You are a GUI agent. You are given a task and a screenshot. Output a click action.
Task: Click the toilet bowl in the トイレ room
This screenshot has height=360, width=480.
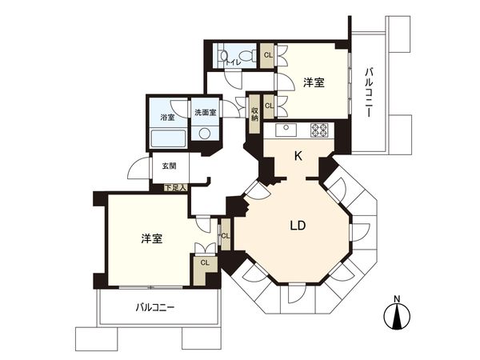pos(246,55)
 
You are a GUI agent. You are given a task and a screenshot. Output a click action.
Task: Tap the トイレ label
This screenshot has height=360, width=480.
pos(234,62)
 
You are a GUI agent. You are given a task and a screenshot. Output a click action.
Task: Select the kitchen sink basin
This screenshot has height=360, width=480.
pos(286,130)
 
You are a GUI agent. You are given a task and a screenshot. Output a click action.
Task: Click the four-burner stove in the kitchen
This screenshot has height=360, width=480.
pos(318,130)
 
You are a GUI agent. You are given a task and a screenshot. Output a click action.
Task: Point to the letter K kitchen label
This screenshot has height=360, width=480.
pos(298,157)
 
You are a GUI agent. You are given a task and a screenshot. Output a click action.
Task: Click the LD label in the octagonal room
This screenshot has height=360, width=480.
pos(298,226)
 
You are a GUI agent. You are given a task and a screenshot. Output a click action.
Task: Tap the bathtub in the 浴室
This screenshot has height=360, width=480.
pos(168,138)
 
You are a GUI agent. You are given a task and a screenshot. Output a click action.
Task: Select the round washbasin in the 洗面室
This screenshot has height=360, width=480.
pos(204,133)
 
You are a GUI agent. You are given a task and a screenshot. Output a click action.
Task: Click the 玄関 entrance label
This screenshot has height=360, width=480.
pos(169,166)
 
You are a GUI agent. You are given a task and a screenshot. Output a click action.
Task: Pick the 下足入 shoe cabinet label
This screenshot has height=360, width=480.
pos(175,188)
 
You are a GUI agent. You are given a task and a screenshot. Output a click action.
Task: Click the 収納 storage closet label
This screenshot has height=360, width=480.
pos(254,114)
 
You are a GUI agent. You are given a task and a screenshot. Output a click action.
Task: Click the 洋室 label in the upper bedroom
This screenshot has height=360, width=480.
pos(314,82)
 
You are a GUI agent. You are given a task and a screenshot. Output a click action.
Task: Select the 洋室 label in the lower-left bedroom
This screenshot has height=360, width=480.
pos(152,238)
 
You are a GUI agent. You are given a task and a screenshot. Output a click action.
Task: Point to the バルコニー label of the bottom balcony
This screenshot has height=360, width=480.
pos(155,307)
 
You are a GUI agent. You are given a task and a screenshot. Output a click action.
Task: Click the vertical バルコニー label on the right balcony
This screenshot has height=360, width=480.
pos(369,93)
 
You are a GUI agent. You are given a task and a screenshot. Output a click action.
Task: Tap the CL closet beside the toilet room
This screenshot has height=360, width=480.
pos(268,55)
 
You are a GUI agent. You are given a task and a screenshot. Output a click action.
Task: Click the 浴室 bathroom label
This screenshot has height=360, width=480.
pos(167,117)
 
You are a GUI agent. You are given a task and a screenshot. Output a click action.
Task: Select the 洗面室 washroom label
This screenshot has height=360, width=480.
pos(206,112)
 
